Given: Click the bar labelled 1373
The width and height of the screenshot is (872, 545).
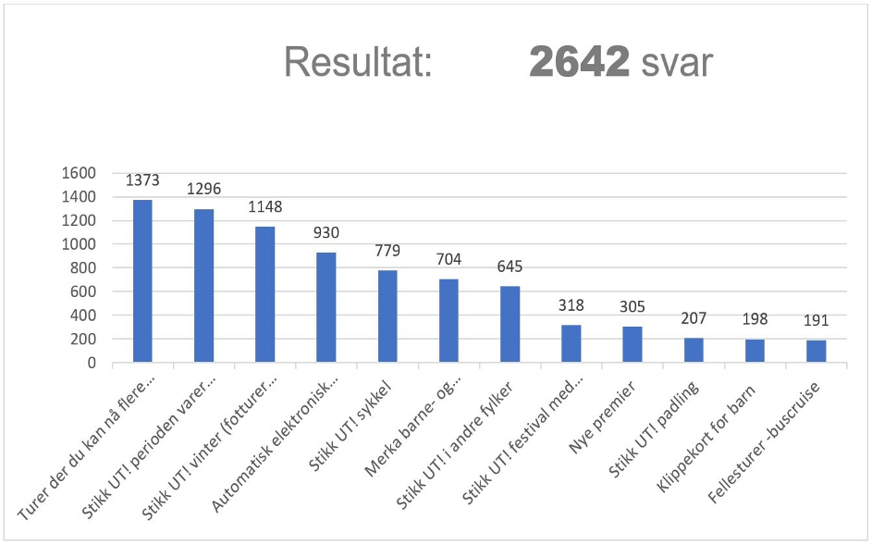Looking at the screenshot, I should (142, 281).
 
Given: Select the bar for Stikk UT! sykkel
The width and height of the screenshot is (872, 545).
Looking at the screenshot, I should (387, 316).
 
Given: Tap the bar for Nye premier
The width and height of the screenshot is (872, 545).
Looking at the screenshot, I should (632, 344).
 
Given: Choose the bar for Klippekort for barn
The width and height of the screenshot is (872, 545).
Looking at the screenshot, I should (755, 351).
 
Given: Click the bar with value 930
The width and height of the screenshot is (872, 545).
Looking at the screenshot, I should (325, 307).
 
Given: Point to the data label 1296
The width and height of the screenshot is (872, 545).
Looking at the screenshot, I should (203, 188).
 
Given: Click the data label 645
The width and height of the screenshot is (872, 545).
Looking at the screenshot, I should (510, 266).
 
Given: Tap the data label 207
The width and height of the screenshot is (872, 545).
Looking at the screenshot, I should (694, 318).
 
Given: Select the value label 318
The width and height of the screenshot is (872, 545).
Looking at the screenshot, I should (571, 305).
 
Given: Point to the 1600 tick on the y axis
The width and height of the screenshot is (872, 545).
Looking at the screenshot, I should (79, 173).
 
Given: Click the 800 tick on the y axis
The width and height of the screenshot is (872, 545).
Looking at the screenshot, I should (83, 268).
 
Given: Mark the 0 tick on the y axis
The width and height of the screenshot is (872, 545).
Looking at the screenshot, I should (92, 363).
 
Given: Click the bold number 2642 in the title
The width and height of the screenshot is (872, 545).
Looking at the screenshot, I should (579, 63).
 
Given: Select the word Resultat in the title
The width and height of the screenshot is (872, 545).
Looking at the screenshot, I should (358, 63).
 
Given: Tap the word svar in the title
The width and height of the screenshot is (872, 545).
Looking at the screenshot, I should (678, 63).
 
